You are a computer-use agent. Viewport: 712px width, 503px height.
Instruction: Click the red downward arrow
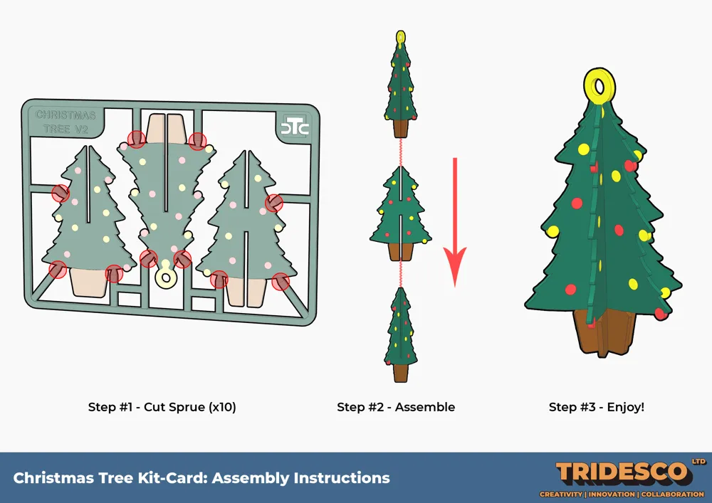point(455,222)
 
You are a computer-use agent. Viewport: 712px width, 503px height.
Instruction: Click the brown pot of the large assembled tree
point(604,334)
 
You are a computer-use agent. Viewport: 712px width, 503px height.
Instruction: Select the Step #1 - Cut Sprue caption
point(162,407)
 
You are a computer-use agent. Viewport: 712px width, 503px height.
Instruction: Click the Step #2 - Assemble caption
point(396,407)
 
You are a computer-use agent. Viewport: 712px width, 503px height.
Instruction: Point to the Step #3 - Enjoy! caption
point(596,407)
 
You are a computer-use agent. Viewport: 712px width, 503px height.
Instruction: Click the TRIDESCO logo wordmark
point(622,474)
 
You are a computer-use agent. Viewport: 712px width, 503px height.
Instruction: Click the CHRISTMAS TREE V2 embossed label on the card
point(66,122)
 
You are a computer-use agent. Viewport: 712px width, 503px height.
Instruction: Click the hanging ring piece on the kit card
point(165,275)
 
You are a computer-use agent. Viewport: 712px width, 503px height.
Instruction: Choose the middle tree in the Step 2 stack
point(400,213)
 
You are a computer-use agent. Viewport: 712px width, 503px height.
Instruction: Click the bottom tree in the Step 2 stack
point(400,334)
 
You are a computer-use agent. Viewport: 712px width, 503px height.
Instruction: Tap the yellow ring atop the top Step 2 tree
point(400,36)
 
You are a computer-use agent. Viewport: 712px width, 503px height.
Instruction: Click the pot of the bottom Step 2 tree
point(400,373)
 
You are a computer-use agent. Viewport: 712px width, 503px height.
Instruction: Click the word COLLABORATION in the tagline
point(673,494)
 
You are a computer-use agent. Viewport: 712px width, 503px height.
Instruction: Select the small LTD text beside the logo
point(698,462)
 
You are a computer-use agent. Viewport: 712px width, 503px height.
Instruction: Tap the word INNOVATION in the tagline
point(612,494)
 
